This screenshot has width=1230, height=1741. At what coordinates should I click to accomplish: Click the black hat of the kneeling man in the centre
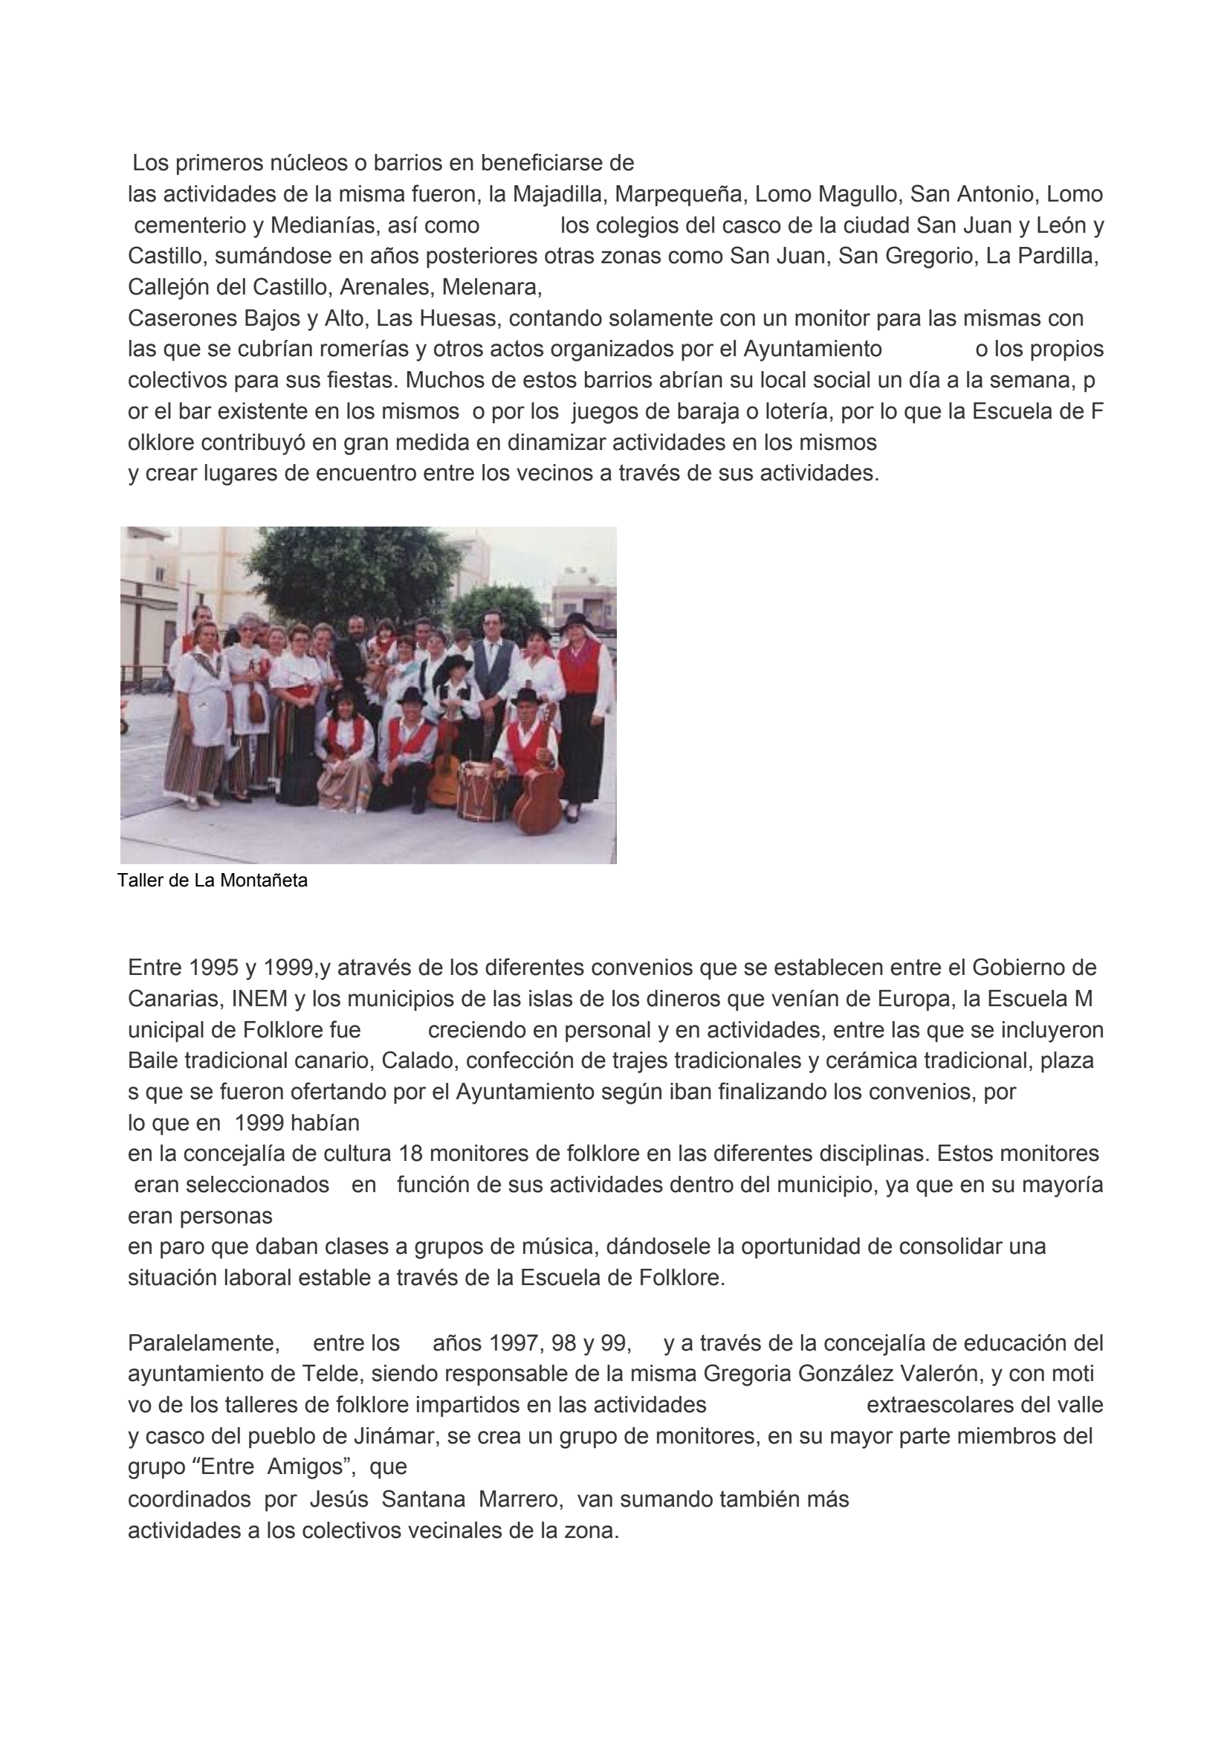412,695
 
